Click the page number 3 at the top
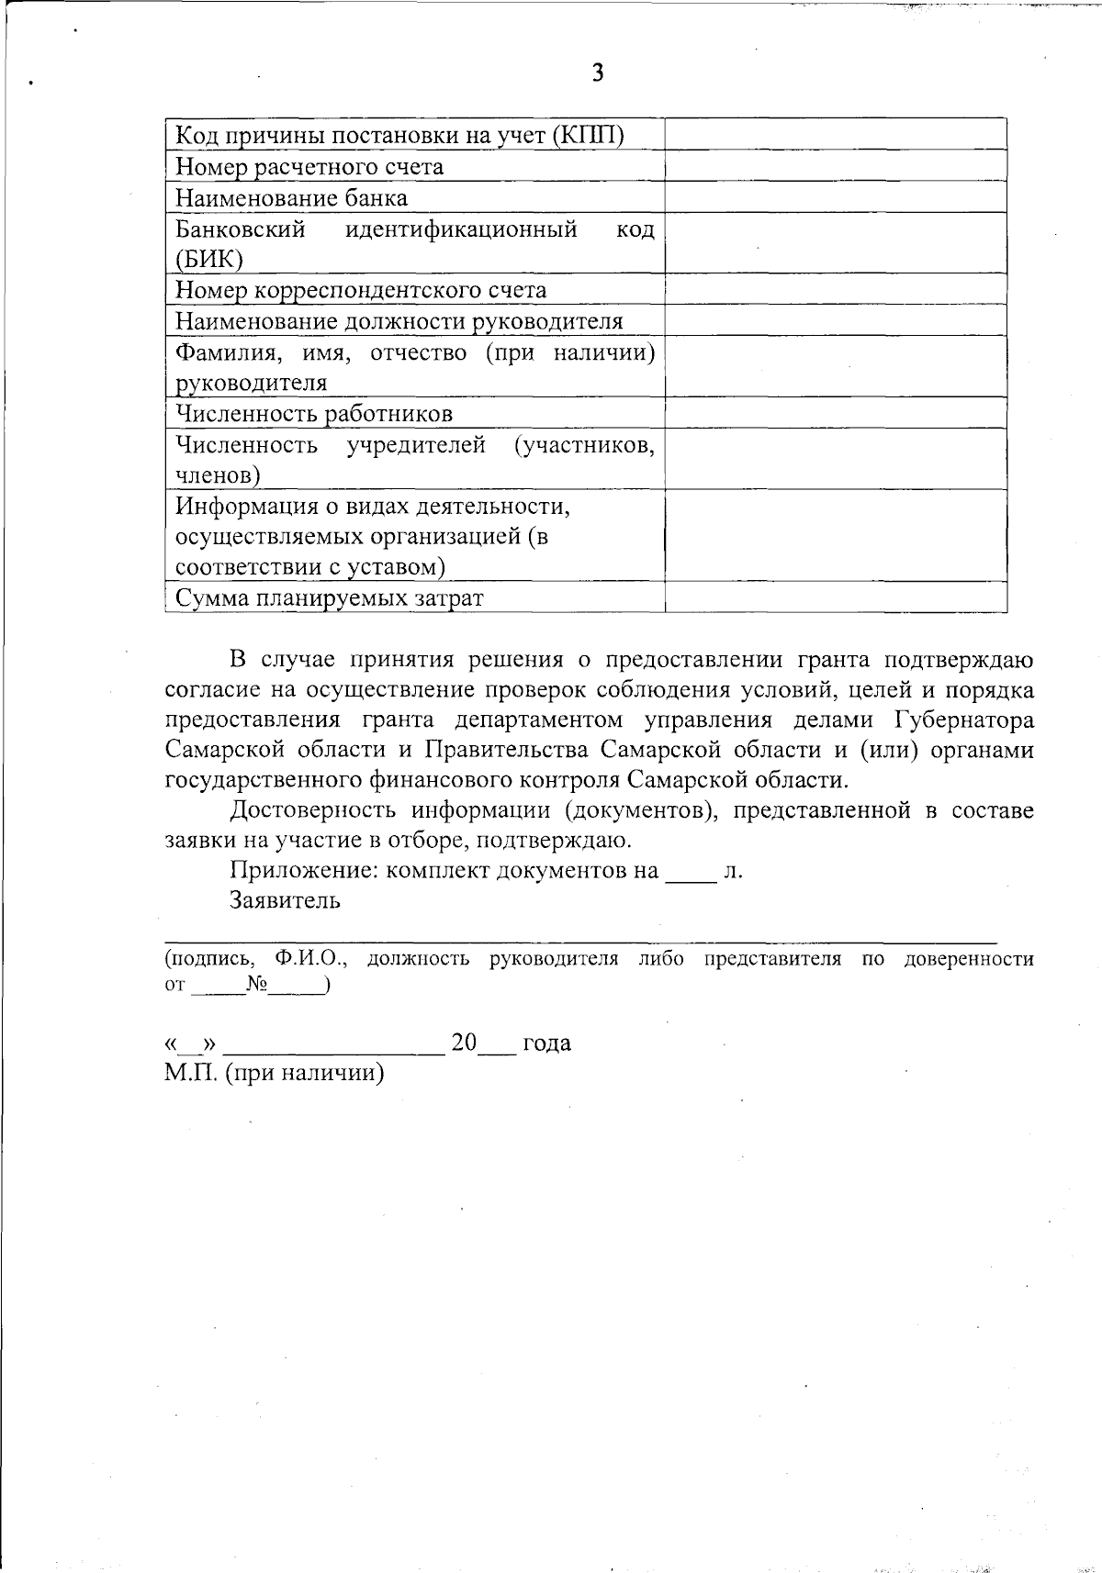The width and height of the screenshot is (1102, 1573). tap(598, 73)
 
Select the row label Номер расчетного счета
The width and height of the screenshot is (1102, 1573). tap(309, 167)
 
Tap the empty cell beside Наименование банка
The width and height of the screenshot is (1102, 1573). tap(836, 197)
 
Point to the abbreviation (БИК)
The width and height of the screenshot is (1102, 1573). tap(208, 260)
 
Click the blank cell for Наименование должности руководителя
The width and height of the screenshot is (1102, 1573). tap(836, 320)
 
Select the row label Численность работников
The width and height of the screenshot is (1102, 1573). tap(314, 414)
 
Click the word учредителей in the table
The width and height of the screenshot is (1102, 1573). tap(416, 446)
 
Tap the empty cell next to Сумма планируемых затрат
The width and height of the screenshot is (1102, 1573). tap(836, 598)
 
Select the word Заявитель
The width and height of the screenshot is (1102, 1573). tap(286, 900)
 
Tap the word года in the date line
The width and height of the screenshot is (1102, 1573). tap(546, 1043)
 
